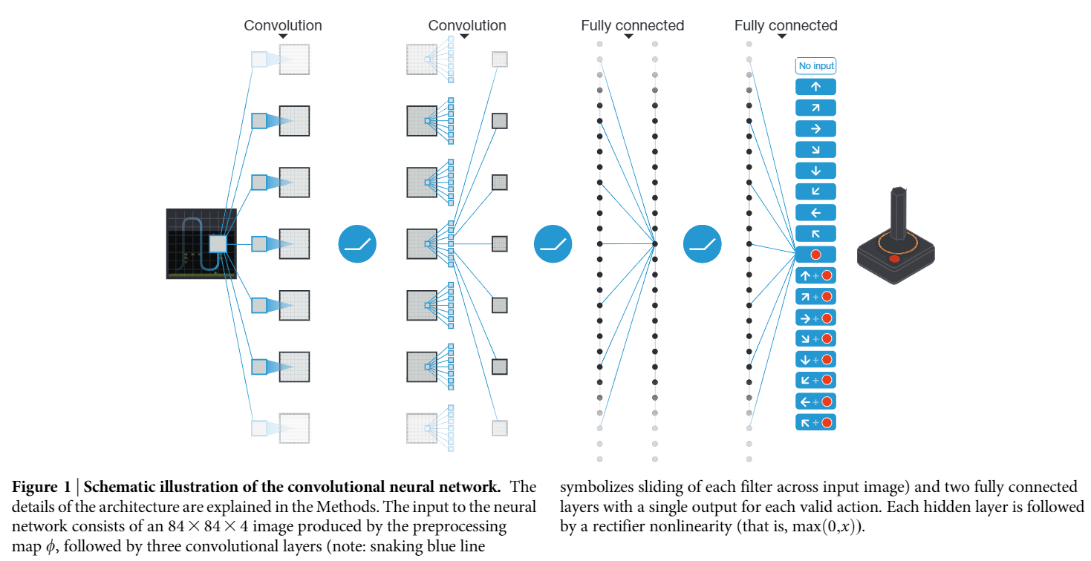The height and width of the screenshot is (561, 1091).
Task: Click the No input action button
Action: (815, 66)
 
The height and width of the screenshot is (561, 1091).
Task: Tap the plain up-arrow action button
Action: (815, 87)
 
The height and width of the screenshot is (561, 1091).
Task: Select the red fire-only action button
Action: (815, 255)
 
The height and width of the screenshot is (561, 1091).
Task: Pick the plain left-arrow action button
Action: (815, 212)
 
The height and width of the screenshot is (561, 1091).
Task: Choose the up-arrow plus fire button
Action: (815, 275)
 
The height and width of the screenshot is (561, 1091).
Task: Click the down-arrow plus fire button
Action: (815, 359)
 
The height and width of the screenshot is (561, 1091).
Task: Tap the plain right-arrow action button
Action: (815, 128)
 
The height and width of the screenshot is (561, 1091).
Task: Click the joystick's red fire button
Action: (894, 260)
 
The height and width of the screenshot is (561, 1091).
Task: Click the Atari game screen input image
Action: (201, 243)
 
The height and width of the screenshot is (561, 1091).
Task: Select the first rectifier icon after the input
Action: (357, 243)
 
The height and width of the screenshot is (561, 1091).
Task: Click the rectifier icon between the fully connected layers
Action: (702, 243)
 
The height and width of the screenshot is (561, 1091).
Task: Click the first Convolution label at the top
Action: (283, 26)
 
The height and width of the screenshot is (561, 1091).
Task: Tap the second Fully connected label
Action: (786, 26)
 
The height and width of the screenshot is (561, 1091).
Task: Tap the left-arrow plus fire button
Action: (815, 401)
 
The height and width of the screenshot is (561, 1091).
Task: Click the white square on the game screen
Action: (218, 243)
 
